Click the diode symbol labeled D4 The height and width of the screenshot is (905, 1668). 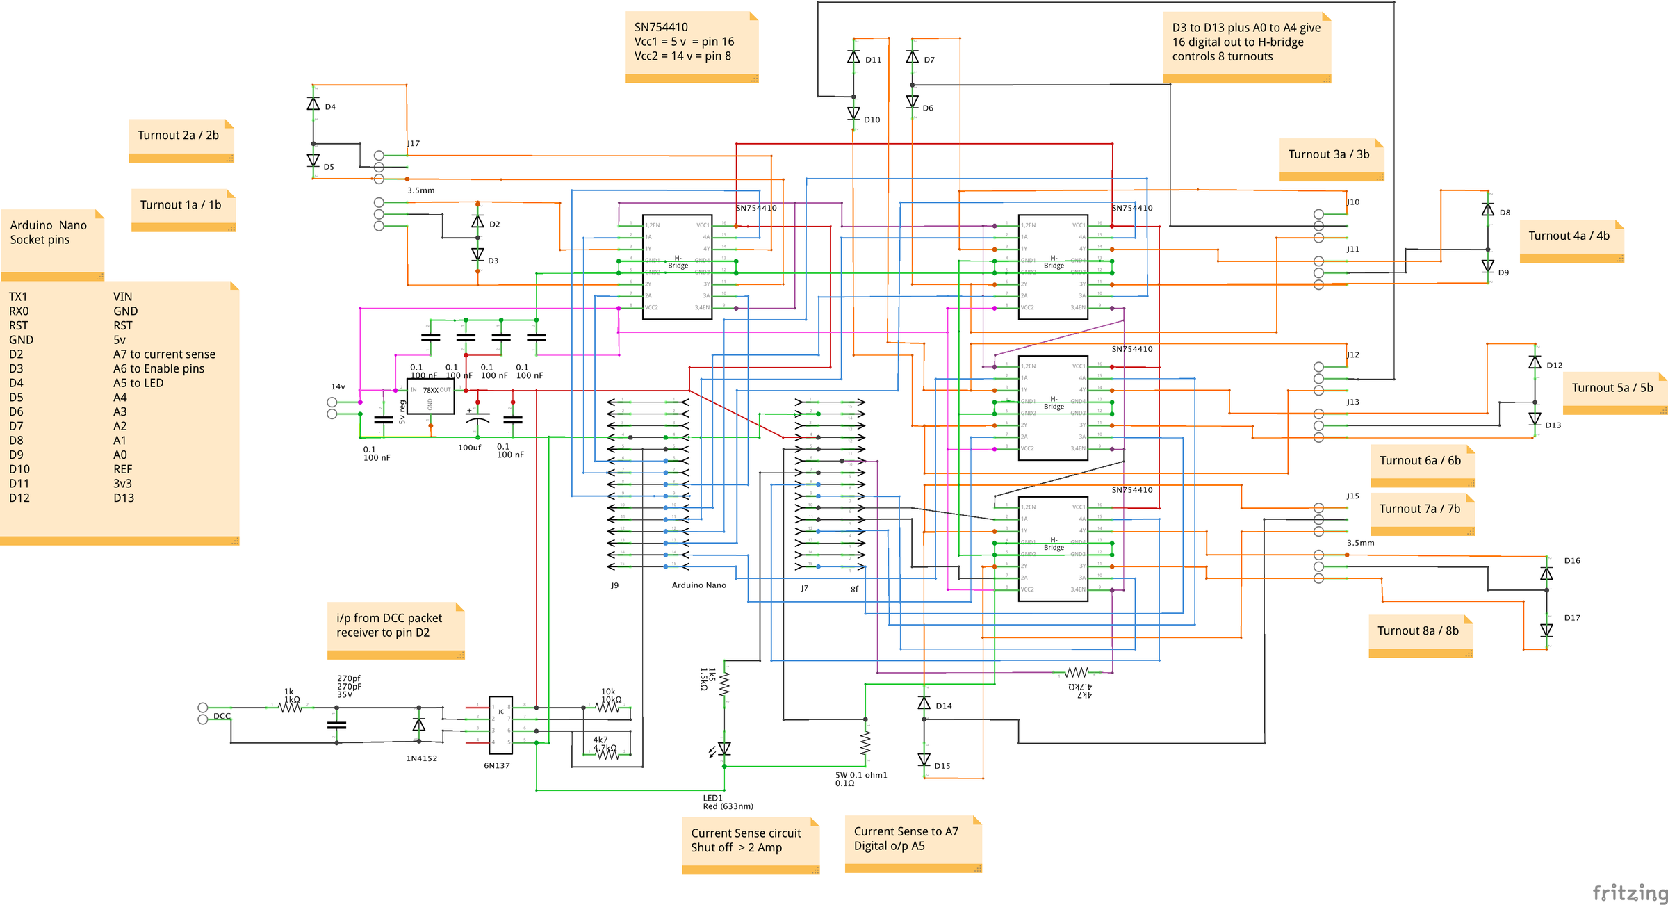[x=313, y=104]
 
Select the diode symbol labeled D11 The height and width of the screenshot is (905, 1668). [x=853, y=57]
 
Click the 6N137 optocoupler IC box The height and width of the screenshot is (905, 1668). [x=500, y=725]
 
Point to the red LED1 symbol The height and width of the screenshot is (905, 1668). [x=724, y=749]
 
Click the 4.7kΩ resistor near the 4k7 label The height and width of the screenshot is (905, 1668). [x=607, y=753]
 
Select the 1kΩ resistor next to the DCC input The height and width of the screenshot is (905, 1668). [x=290, y=708]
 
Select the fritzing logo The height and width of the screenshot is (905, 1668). [x=1629, y=892]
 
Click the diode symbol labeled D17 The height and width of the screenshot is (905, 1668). [x=1546, y=630]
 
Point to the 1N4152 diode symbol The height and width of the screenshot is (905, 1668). [x=418, y=725]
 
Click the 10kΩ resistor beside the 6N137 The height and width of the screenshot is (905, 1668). [x=607, y=708]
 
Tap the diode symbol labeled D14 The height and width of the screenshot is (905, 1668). [x=924, y=703]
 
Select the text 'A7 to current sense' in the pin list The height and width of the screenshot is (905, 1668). [x=164, y=354]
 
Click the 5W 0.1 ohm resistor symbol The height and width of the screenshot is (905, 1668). [x=865, y=743]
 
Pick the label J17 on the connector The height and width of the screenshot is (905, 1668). [x=414, y=143]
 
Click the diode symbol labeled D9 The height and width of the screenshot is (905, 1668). [x=1488, y=266]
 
